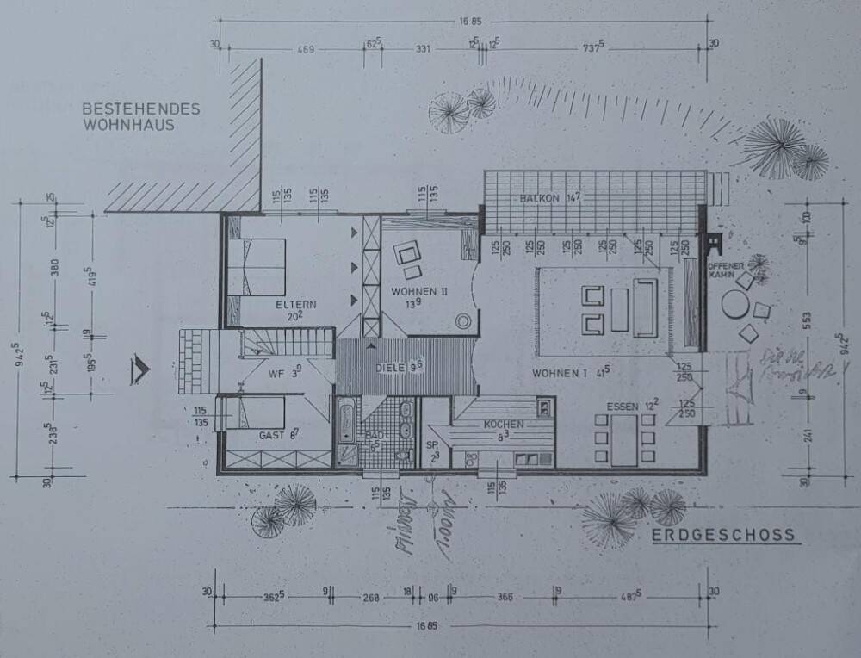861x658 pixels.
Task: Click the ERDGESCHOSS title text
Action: (722, 536)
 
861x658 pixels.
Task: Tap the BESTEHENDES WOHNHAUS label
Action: (141, 116)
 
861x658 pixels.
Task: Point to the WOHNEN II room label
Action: (419, 292)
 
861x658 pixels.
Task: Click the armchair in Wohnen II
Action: (407, 256)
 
